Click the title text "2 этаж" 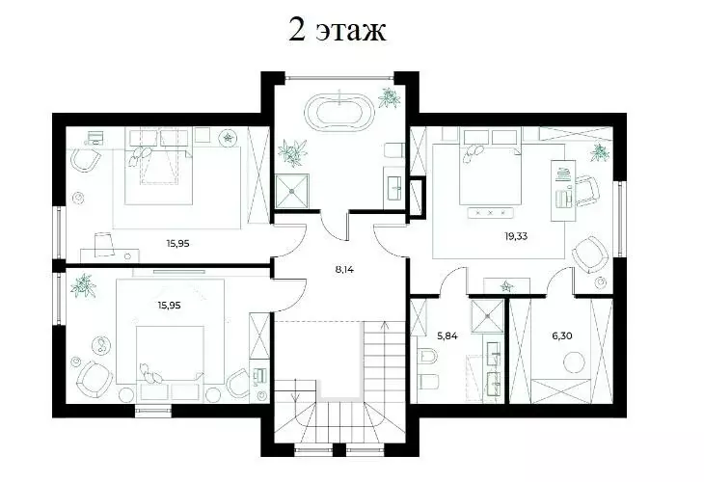[x=337, y=30]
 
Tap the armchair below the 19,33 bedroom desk [x=587, y=254]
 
